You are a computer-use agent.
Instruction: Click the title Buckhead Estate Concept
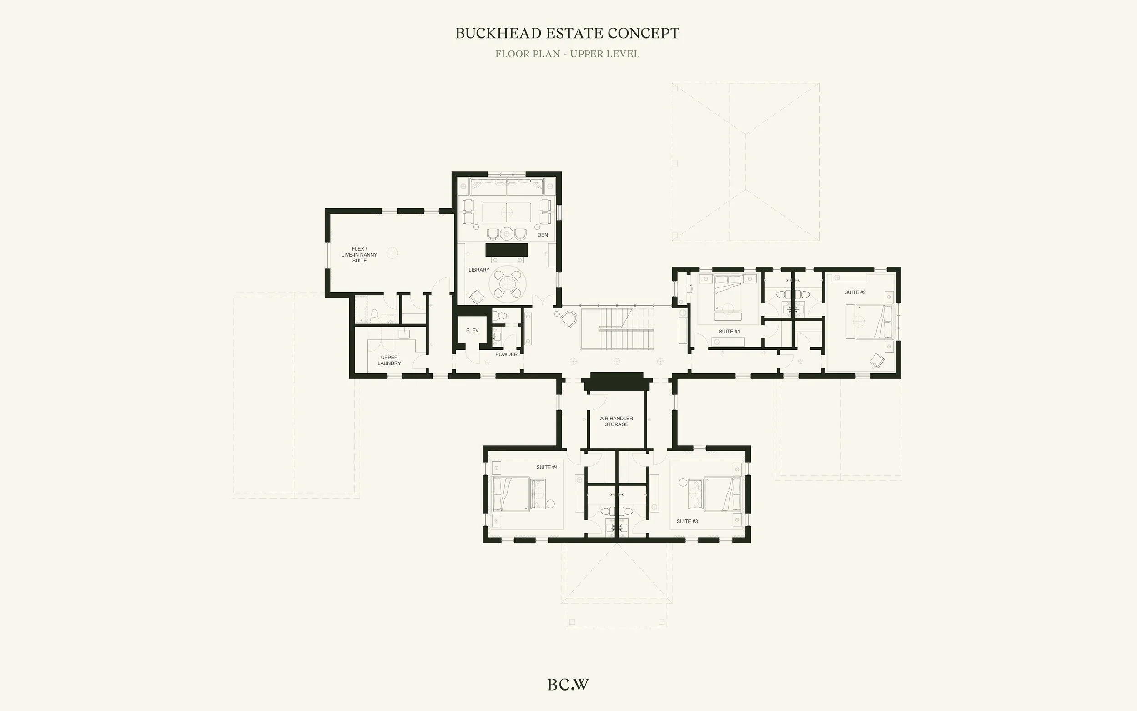click(x=567, y=33)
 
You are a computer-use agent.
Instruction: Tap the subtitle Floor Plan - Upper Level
click(x=567, y=54)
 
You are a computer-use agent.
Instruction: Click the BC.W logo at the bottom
click(x=568, y=685)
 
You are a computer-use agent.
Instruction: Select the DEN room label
click(x=543, y=235)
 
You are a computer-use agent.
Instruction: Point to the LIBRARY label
click(x=479, y=270)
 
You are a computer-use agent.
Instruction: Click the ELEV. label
click(x=473, y=331)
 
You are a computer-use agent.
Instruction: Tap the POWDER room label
click(x=506, y=354)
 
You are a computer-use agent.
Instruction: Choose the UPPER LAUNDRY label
click(x=389, y=360)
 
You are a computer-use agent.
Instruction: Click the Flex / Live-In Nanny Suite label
click(x=359, y=255)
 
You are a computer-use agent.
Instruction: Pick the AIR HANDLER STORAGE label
click(x=616, y=421)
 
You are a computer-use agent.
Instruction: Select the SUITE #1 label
click(x=729, y=332)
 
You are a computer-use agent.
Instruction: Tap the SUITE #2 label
click(x=855, y=292)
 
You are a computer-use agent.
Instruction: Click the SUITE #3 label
click(x=687, y=521)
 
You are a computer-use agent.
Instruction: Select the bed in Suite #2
click(x=875, y=322)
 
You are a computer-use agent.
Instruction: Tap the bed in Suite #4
click(x=511, y=494)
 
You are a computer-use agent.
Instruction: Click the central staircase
click(x=617, y=329)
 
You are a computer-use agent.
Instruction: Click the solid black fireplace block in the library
click(x=507, y=250)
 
